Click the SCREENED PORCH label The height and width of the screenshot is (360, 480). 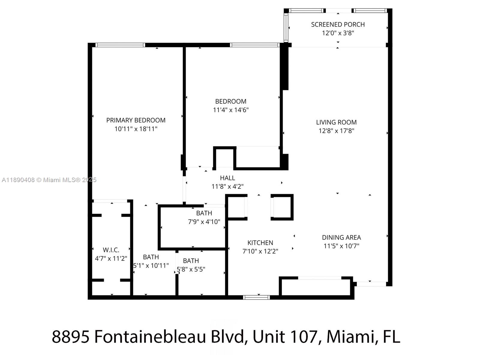tap(338, 25)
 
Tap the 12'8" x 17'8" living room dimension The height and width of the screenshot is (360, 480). tap(336, 131)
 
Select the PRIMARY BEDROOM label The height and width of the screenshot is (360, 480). tap(136, 120)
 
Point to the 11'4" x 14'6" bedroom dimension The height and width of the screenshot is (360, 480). tap(231, 110)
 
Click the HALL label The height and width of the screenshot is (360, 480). tap(227, 178)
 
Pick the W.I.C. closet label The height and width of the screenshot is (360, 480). tap(111, 250)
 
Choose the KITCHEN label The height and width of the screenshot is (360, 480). tap(260, 243)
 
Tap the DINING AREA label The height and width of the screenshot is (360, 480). tap(341, 238)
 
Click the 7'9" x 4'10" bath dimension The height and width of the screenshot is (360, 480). tap(204, 222)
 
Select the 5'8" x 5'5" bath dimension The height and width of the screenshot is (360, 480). tap(191, 269)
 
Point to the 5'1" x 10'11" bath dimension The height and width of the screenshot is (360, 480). tap(151, 265)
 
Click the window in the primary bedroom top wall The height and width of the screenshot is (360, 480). tap(120, 45)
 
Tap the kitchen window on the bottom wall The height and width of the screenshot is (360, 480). tap(256, 297)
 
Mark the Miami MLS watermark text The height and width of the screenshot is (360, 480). tap(49, 180)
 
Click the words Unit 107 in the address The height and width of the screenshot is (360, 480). tap(285, 337)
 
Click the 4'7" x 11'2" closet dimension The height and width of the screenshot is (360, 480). tap(111, 258)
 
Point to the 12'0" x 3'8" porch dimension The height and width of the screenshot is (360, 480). tap(338, 33)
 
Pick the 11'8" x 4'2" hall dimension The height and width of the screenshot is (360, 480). tap(227, 187)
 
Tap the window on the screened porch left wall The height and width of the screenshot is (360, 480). tap(286, 28)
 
